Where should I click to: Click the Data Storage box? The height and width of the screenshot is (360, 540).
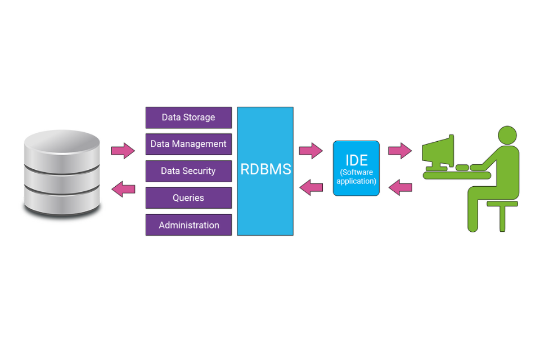[x=188, y=118]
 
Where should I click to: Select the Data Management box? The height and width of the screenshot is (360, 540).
[x=188, y=144]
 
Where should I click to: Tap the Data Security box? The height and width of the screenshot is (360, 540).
[x=188, y=171]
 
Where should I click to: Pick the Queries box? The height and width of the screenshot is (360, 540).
[x=188, y=198]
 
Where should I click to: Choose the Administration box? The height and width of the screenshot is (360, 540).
[x=188, y=225]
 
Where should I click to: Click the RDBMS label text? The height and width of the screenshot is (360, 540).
[x=265, y=169]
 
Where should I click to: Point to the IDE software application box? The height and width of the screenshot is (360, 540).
[x=356, y=168]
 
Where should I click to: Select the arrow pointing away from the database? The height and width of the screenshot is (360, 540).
[x=123, y=151]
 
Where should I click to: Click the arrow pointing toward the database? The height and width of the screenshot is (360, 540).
[x=123, y=189]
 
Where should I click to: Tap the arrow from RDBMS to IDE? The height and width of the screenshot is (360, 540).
[x=310, y=150]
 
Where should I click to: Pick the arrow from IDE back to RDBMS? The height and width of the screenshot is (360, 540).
[x=310, y=187]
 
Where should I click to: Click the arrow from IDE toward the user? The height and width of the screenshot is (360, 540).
[x=400, y=150]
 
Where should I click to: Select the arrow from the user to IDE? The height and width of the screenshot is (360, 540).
[x=400, y=187]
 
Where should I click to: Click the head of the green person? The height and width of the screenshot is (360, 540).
[x=507, y=135]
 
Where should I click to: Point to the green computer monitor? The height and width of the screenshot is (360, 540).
[x=440, y=151]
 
